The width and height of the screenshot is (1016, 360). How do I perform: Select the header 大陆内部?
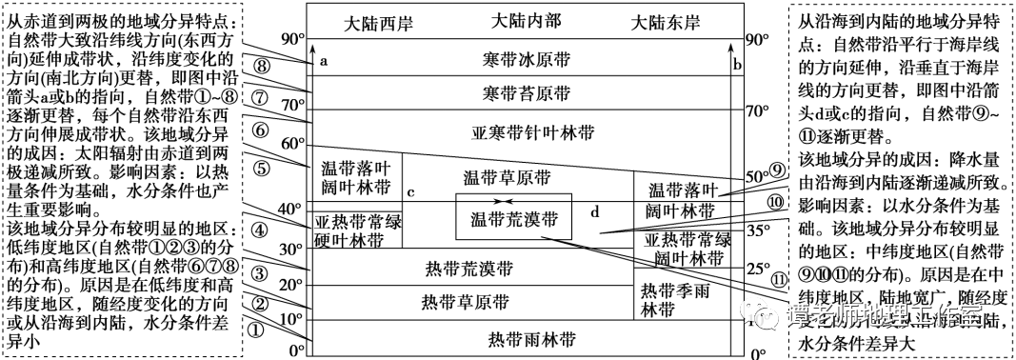tap(526, 20)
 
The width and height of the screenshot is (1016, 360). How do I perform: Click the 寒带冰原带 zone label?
tap(526, 60)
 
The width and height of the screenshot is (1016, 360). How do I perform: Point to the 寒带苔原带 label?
tap(526, 93)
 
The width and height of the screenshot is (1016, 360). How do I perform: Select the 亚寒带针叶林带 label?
tap(526, 130)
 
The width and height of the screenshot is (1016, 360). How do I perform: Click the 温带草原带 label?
tap(507, 178)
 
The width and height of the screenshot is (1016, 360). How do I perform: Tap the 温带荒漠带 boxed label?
tap(514, 217)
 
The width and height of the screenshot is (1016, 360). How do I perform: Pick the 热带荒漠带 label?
tap(471, 270)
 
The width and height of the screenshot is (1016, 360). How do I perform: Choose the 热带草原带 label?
tap(471, 303)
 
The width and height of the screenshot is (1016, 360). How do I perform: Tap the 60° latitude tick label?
tap(289, 143)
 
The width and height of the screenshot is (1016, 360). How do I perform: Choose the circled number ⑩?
tap(776, 202)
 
